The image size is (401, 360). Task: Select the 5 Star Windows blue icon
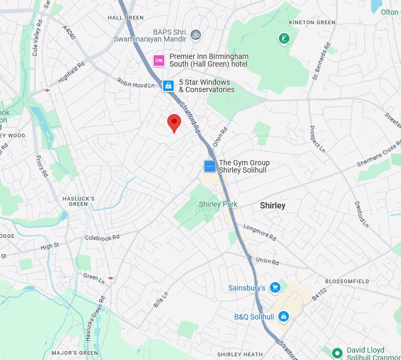tap(168, 85)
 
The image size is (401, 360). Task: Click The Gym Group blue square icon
tap(210, 166)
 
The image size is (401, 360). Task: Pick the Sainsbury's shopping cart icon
tap(274, 287)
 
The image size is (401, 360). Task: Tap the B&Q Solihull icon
tap(283, 316)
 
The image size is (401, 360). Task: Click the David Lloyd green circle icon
tap(337, 352)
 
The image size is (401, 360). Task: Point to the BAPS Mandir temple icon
tap(196, 35)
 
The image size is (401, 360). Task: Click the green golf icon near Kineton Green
tap(284, 38)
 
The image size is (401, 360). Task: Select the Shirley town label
tap(273, 206)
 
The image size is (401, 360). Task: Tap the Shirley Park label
tap(218, 204)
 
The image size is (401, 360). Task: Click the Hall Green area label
tap(125, 17)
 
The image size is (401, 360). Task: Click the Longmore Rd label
tap(259, 232)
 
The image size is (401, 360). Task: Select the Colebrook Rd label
tap(102, 237)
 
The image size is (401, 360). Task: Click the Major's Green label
tap(75, 353)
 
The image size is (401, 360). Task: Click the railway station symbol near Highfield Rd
tap(47, 90)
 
